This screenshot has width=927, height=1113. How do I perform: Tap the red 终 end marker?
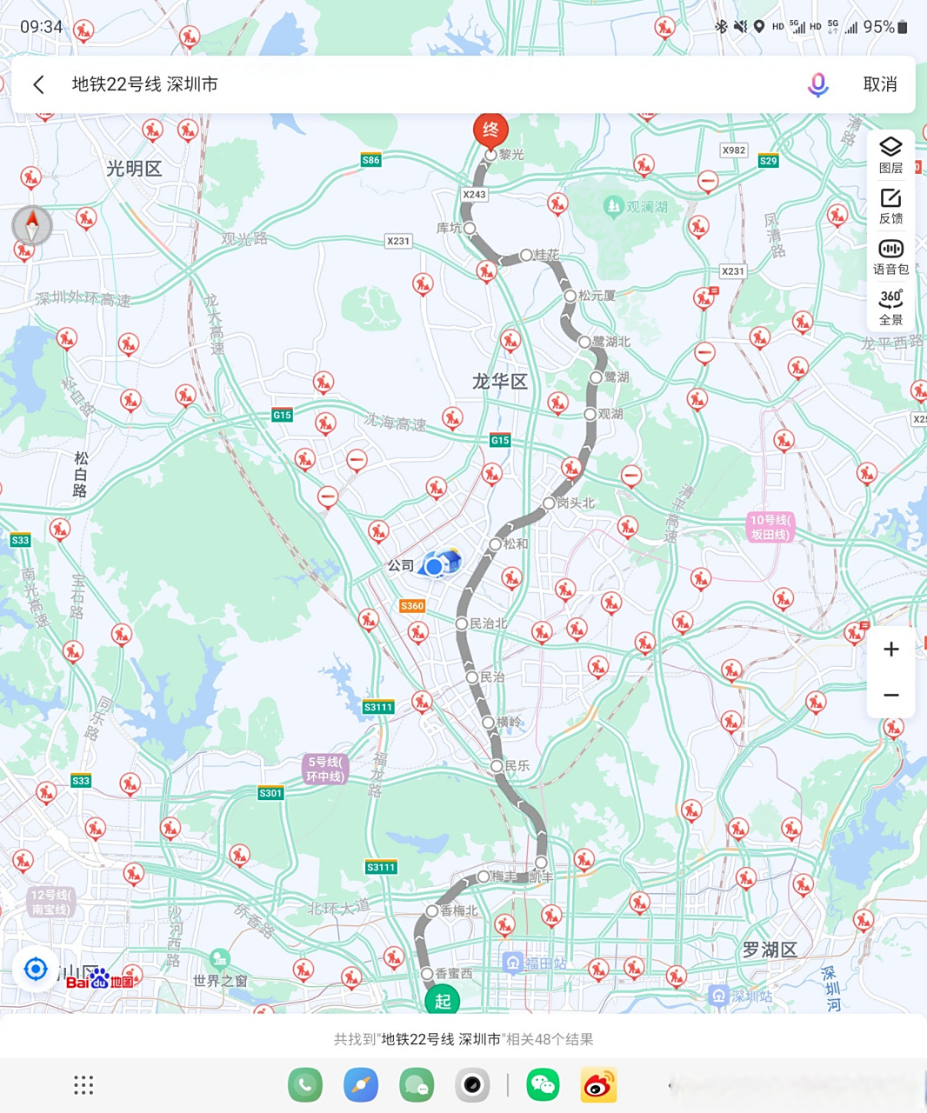[x=490, y=130]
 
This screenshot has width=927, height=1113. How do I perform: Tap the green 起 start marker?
[x=443, y=1001]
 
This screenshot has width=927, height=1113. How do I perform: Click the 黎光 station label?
[x=511, y=155]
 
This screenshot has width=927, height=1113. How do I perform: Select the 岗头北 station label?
[x=576, y=503]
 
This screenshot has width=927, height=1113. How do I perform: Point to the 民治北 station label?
[x=488, y=623]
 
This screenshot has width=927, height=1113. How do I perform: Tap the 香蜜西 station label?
[x=453, y=974]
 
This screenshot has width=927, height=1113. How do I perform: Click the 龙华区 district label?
[x=500, y=381]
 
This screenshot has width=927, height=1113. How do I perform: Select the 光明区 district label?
[x=134, y=169]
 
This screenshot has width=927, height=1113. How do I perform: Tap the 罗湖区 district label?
[x=770, y=950]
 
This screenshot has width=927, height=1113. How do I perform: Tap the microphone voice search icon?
[x=817, y=84]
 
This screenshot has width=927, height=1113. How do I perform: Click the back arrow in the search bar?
[x=38, y=84]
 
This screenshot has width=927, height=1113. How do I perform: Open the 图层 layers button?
[x=890, y=155]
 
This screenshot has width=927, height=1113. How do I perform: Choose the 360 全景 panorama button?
[x=890, y=306]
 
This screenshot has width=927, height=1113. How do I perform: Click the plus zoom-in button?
[x=890, y=650]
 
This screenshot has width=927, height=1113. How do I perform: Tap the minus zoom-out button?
[x=890, y=695]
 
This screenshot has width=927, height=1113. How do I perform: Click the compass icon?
[x=32, y=226]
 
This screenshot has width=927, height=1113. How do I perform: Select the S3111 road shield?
[x=378, y=707]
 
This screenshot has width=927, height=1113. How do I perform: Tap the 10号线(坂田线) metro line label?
[x=770, y=527]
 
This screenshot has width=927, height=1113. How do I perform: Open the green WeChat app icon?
[x=543, y=1084]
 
